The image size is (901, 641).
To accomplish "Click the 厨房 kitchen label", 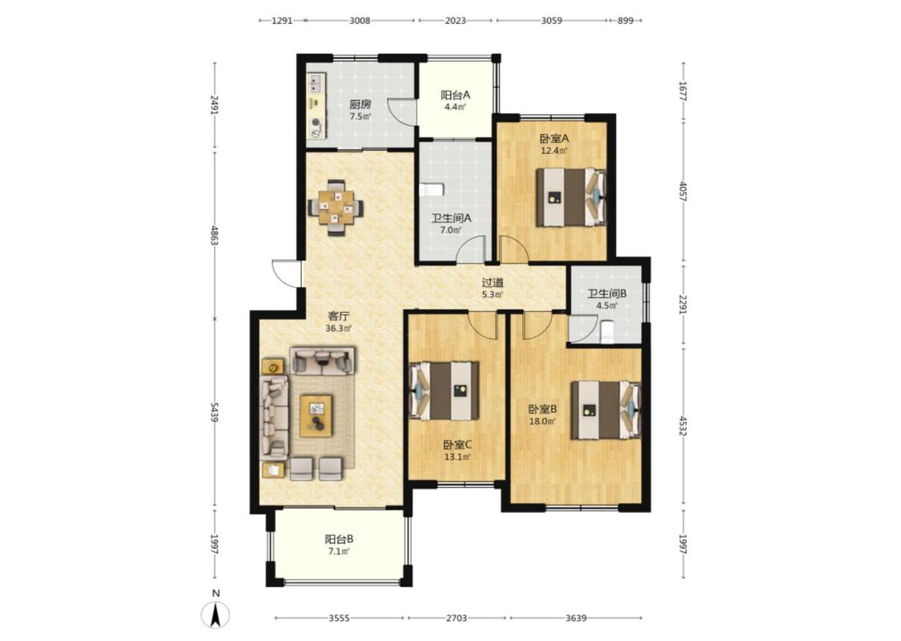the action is click(x=360, y=105).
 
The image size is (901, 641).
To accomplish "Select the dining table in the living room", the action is click(x=336, y=208).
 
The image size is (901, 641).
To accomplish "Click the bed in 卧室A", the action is click(x=571, y=196).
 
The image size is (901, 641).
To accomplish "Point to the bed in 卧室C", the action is click(x=444, y=390).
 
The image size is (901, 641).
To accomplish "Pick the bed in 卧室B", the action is click(x=606, y=410).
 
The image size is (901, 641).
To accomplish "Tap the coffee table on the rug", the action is click(x=316, y=416).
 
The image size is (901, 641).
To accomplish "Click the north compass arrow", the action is click(x=215, y=615).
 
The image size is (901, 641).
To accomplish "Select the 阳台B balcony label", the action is click(x=339, y=539).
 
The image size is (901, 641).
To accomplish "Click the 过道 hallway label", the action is click(x=493, y=282).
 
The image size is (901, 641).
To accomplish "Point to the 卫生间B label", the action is click(x=607, y=293).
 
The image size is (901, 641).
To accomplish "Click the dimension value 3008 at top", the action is click(x=360, y=21).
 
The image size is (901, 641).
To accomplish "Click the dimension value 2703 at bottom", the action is click(x=457, y=618).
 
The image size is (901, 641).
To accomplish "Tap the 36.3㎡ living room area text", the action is click(x=339, y=329).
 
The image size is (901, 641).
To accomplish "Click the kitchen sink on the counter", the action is click(x=316, y=85).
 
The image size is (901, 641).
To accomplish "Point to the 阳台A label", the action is click(x=456, y=95).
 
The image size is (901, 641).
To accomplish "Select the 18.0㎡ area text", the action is click(x=542, y=421).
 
